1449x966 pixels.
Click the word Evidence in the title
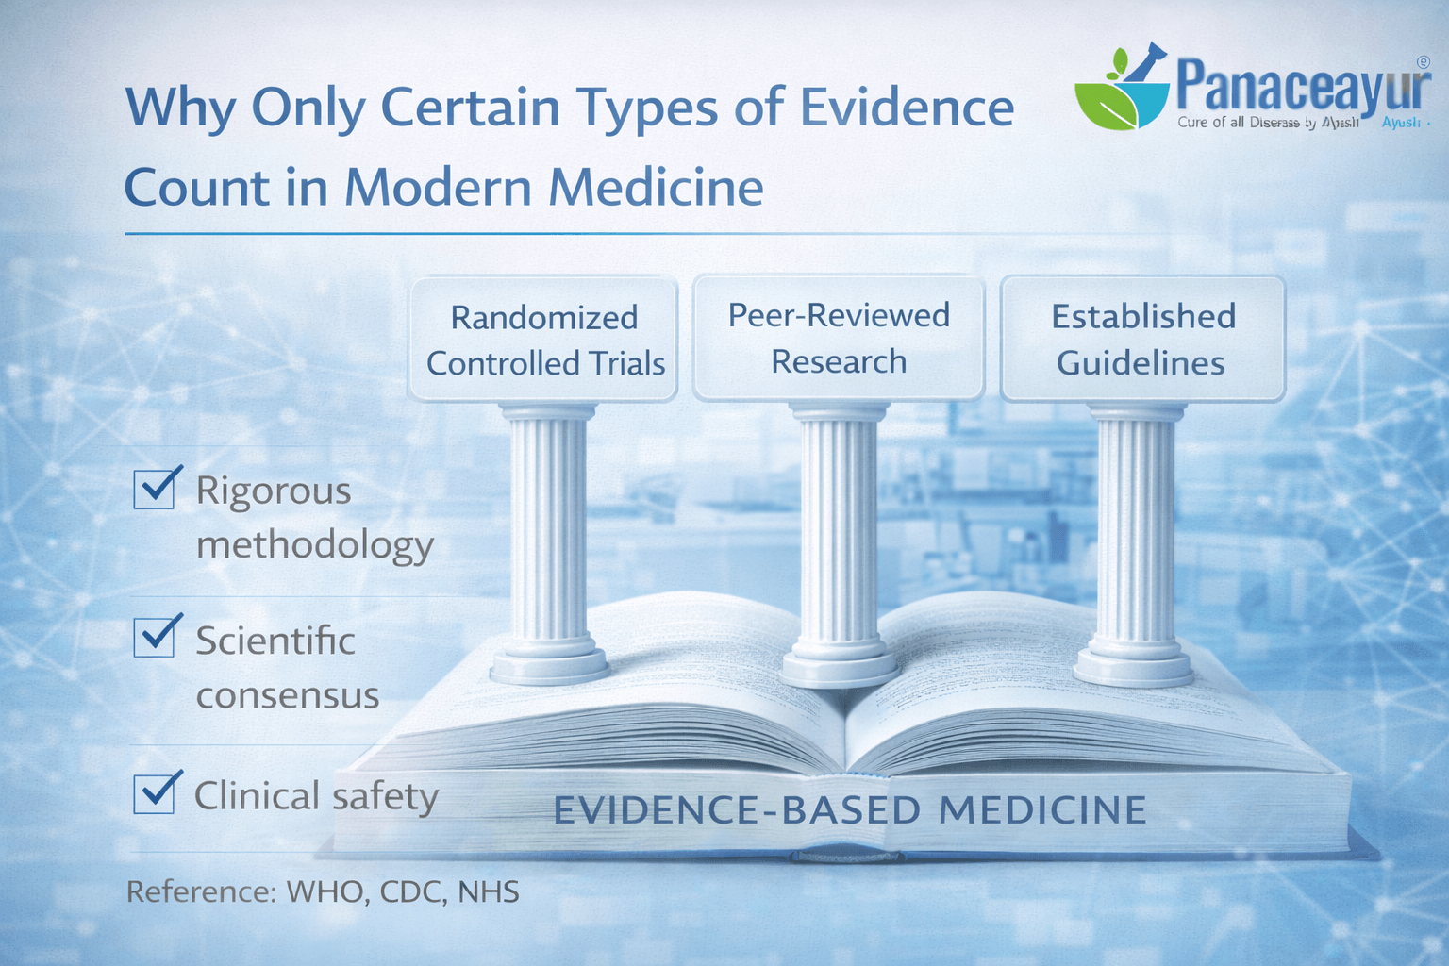[x=907, y=108]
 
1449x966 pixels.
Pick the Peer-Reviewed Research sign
[x=839, y=338]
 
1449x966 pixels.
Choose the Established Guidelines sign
[x=1142, y=339]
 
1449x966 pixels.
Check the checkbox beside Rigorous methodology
[x=154, y=489]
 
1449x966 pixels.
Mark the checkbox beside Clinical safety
[x=154, y=792]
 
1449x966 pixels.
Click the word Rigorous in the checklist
[x=274, y=491]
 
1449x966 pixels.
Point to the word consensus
[x=288, y=696]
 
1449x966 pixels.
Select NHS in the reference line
[x=489, y=891]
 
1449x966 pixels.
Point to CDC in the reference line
[x=412, y=891]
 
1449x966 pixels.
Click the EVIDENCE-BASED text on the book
[x=736, y=810]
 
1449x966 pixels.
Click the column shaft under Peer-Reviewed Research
[x=839, y=528]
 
